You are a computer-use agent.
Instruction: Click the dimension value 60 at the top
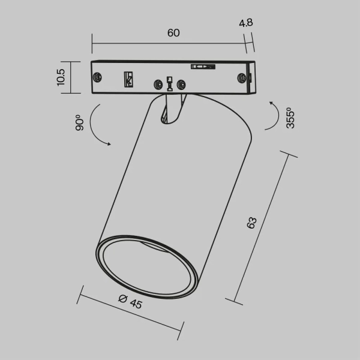click(x=173, y=34)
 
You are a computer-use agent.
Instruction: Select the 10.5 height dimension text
click(x=61, y=77)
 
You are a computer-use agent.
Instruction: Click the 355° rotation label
click(x=289, y=118)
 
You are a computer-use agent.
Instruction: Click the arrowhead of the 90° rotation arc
click(x=109, y=143)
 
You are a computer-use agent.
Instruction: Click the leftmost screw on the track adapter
click(x=97, y=76)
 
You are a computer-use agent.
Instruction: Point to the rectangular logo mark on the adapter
click(x=128, y=79)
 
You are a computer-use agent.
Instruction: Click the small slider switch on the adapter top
click(x=202, y=67)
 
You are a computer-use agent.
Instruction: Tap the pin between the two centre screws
click(x=170, y=83)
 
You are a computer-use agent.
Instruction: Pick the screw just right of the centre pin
click(x=182, y=86)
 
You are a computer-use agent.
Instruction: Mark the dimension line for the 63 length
click(x=264, y=228)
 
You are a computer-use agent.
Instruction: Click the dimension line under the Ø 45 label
click(x=131, y=312)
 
